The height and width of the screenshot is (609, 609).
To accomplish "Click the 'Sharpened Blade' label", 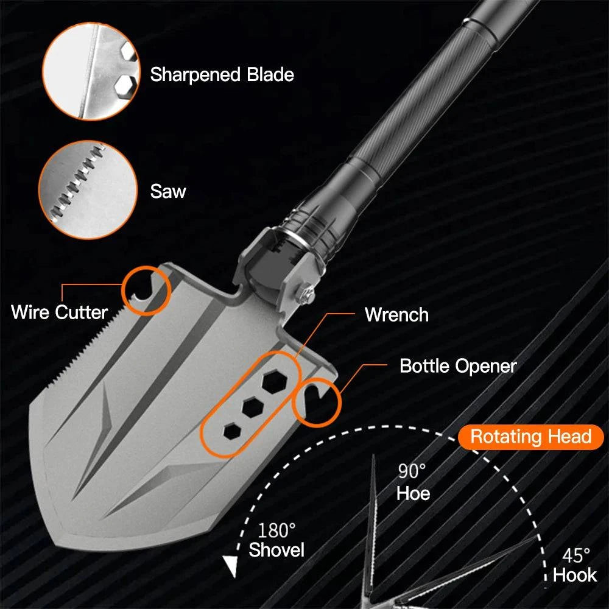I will click(x=222, y=75).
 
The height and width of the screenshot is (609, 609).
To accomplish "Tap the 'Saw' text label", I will click(x=168, y=192).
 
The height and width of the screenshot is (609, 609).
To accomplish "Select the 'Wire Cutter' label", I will click(x=59, y=312).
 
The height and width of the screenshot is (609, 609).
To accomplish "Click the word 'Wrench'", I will click(x=396, y=315).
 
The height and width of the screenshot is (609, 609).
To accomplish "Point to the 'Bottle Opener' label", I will click(x=458, y=366).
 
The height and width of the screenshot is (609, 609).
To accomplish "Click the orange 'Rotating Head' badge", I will click(x=531, y=437).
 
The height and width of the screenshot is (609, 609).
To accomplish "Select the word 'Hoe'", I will click(x=413, y=493).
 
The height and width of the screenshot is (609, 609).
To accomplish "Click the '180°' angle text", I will click(x=276, y=530).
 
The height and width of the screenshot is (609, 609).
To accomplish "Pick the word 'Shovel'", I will click(x=276, y=551).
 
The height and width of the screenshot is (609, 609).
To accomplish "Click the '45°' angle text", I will click(x=576, y=555).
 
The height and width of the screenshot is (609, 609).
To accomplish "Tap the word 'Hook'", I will click(x=575, y=576).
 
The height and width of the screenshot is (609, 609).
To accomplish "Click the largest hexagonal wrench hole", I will click(x=272, y=382).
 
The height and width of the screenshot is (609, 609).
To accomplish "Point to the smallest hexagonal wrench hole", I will click(x=231, y=431).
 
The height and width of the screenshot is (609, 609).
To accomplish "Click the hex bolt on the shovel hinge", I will click(x=306, y=294).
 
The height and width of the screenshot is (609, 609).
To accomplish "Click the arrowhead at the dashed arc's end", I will click(x=230, y=566).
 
